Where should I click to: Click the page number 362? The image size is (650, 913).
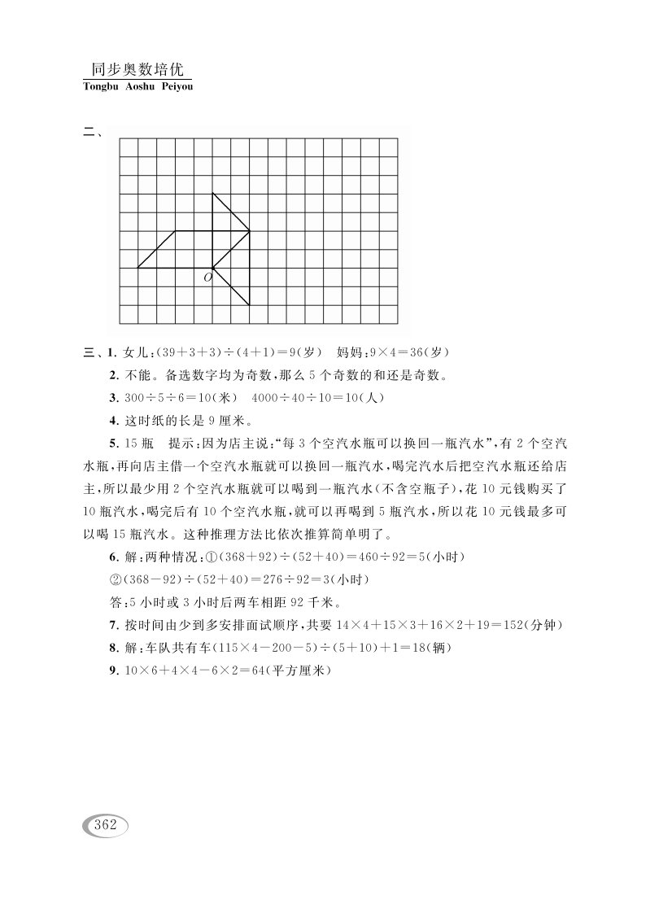[x=107, y=824]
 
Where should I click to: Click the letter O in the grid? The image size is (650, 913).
[x=207, y=278]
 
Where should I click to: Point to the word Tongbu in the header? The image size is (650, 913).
[x=100, y=86]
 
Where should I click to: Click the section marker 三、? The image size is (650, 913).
[x=92, y=352]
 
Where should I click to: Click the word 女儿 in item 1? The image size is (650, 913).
[x=131, y=352]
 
